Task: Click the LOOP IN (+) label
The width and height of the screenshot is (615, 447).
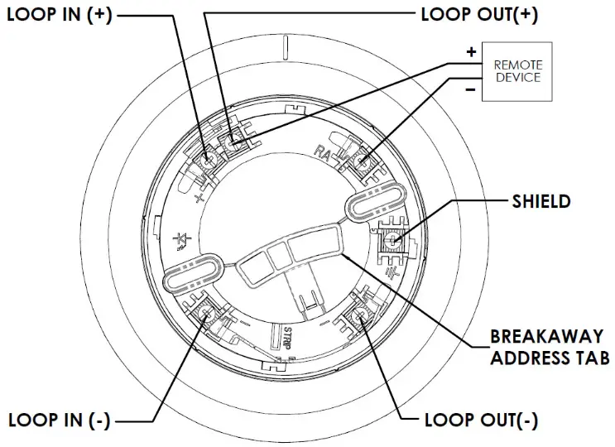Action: click(x=59, y=16)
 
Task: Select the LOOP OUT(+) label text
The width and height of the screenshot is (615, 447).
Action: click(x=479, y=14)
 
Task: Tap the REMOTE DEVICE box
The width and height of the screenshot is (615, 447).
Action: click(x=517, y=70)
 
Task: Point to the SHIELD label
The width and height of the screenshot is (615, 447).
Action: click(x=541, y=201)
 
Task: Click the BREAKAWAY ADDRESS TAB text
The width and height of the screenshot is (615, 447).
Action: click(x=550, y=348)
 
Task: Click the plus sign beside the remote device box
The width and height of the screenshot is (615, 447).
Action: click(x=471, y=52)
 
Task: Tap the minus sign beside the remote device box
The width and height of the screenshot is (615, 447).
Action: click(x=471, y=89)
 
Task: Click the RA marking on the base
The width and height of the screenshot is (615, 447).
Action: click(x=323, y=151)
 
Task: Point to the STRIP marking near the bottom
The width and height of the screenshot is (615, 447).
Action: click(x=286, y=340)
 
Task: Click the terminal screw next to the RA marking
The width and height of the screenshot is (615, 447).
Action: click(x=361, y=160)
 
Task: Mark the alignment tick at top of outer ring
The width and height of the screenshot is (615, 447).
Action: click(x=284, y=48)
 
